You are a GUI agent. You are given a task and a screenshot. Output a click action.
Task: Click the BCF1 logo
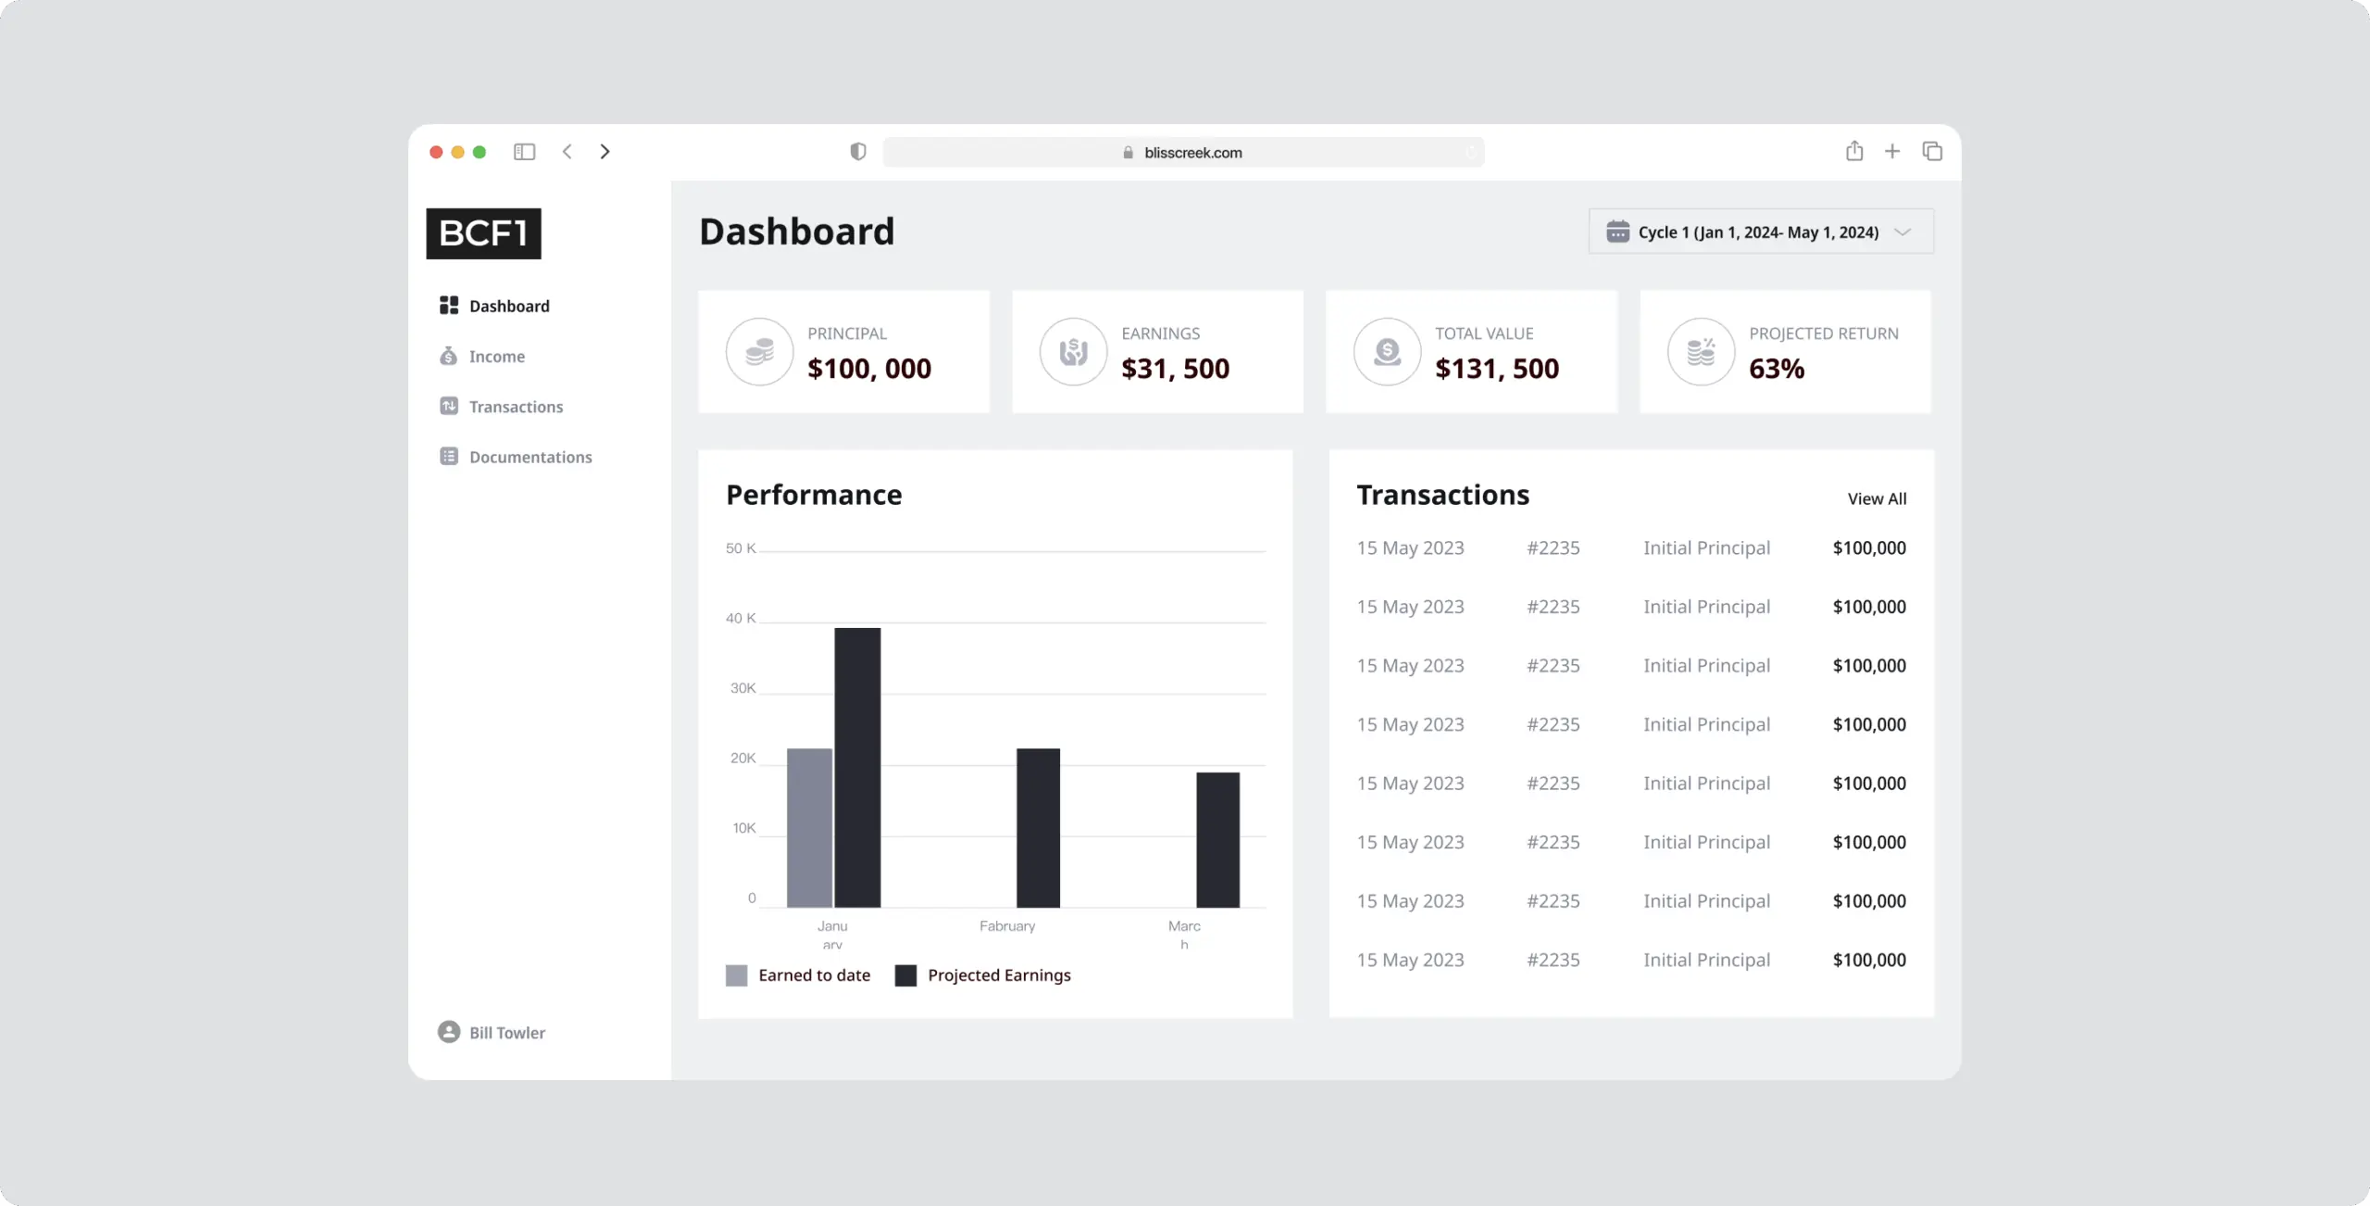pyautogui.click(x=483, y=233)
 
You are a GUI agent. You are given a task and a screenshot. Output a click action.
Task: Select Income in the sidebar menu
pyautogui.click(x=496, y=357)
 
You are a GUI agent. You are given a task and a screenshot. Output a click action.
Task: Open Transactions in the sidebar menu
pyautogui.click(x=515, y=407)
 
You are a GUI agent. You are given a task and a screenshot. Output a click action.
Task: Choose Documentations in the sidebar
pyautogui.click(x=530, y=457)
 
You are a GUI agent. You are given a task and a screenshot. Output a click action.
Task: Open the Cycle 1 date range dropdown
pyautogui.click(x=1760, y=232)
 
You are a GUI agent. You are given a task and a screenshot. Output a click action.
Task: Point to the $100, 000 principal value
pyautogui.click(x=868, y=369)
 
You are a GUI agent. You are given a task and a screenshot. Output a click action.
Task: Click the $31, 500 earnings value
pyautogui.click(x=1175, y=369)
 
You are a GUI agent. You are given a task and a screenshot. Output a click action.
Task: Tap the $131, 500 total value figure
pyautogui.click(x=1496, y=369)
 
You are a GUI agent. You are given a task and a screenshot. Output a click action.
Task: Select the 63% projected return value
pyautogui.click(x=1776, y=369)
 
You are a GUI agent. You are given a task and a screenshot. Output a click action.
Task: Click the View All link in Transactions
pyautogui.click(x=1877, y=498)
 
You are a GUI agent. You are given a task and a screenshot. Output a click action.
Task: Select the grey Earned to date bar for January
pyautogui.click(x=809, y=827)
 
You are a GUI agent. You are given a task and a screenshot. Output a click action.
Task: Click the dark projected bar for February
pyautogui.click(x=1038, y=827)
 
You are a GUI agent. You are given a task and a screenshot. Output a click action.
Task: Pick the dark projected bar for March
pyautogui.click(x=1217, y=839)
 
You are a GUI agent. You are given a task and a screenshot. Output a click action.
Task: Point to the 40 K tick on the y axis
pyautogui.click(x=741, y=618)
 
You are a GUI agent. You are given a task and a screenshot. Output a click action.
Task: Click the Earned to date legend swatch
pyautogui.click(x=736, y=975)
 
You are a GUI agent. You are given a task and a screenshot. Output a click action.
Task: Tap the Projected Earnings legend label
pyautogui.click(x=998, y=975)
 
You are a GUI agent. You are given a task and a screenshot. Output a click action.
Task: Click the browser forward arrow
pyautogui.click(x=605, y=151)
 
